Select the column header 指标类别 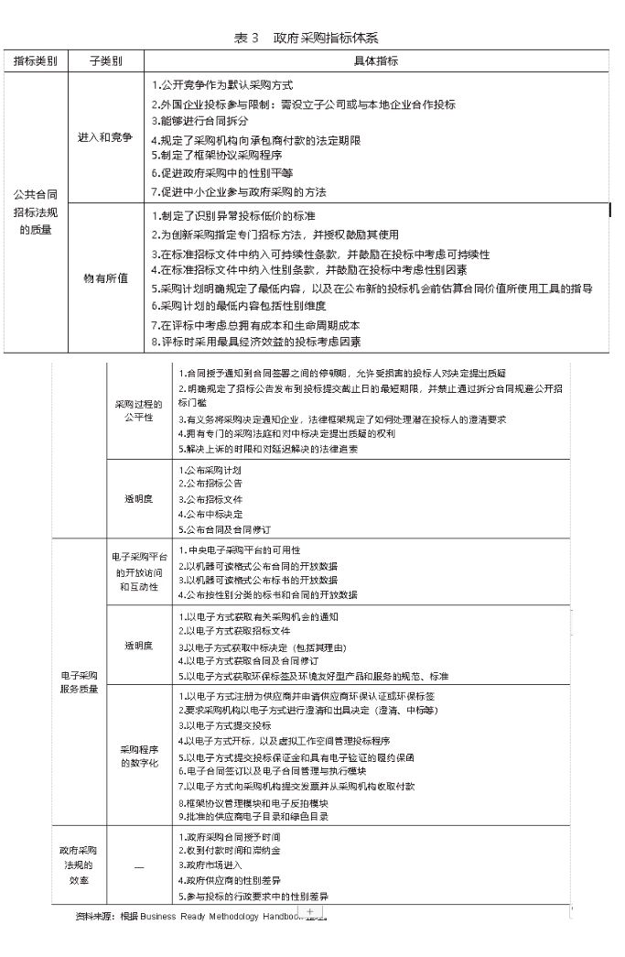pyautogui.click(x=35, y=61)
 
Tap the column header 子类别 pyautogui.click(x=105, y=61)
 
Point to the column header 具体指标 pyautogui.click(x=375, y=61)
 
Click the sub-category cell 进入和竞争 pyautogui.click(x=105, y=138)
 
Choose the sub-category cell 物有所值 pyautogui.click(x=105, y=277)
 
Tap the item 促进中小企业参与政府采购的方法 pyautogui.click(x=239, y=192)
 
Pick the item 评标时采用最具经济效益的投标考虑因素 pyautogui.click(x=256, y=343)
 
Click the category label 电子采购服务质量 pyautogui.click(x=79, y=681)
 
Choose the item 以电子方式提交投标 pyautogui.click(x=223, y=724)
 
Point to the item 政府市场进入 pyautogui.click(x=215, y=865)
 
